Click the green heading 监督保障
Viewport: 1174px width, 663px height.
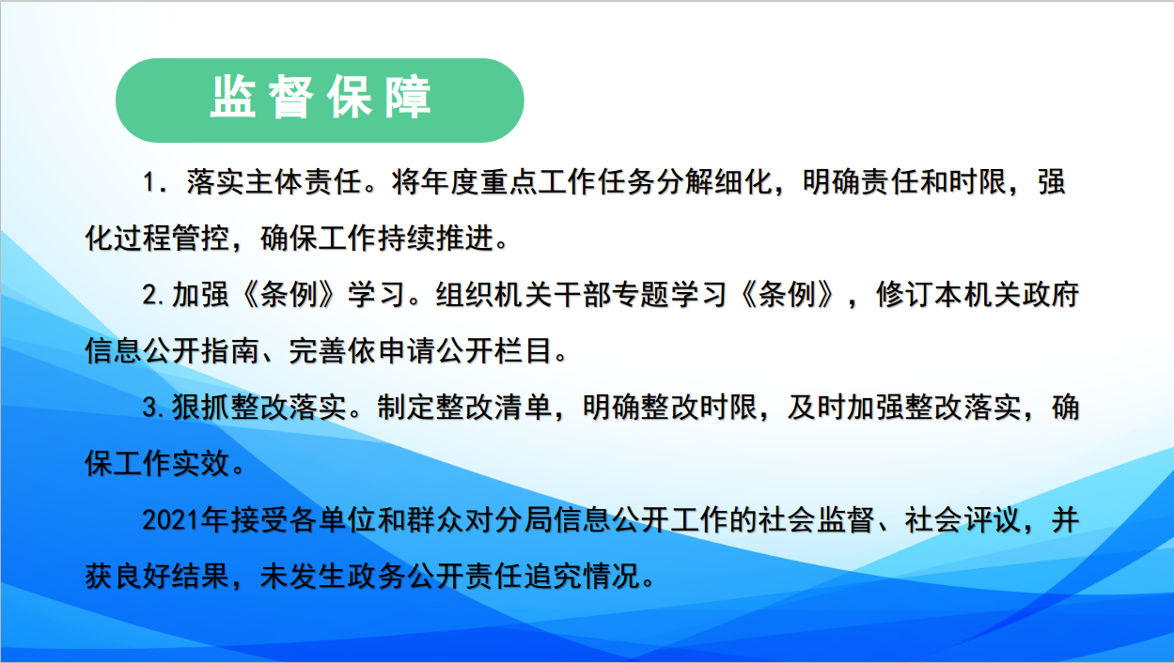tap(321, 98)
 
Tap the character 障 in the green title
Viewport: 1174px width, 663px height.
tap(408, 98)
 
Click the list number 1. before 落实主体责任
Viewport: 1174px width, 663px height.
tap(155, 183)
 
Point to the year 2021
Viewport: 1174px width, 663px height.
tap(171, 520)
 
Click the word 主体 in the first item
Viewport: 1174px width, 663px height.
tap(274, 182)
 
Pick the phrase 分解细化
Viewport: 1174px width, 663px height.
tap(714, 182)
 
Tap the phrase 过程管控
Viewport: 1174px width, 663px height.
tap(172, 239)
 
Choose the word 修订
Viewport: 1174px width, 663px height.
tap(904, 294)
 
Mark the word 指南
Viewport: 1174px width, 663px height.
tap(230, 351)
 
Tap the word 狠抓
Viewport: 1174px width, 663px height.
tap(201, 408)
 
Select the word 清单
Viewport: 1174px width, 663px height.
tap(523, 408)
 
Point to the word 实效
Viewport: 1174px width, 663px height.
tap(201, 464)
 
